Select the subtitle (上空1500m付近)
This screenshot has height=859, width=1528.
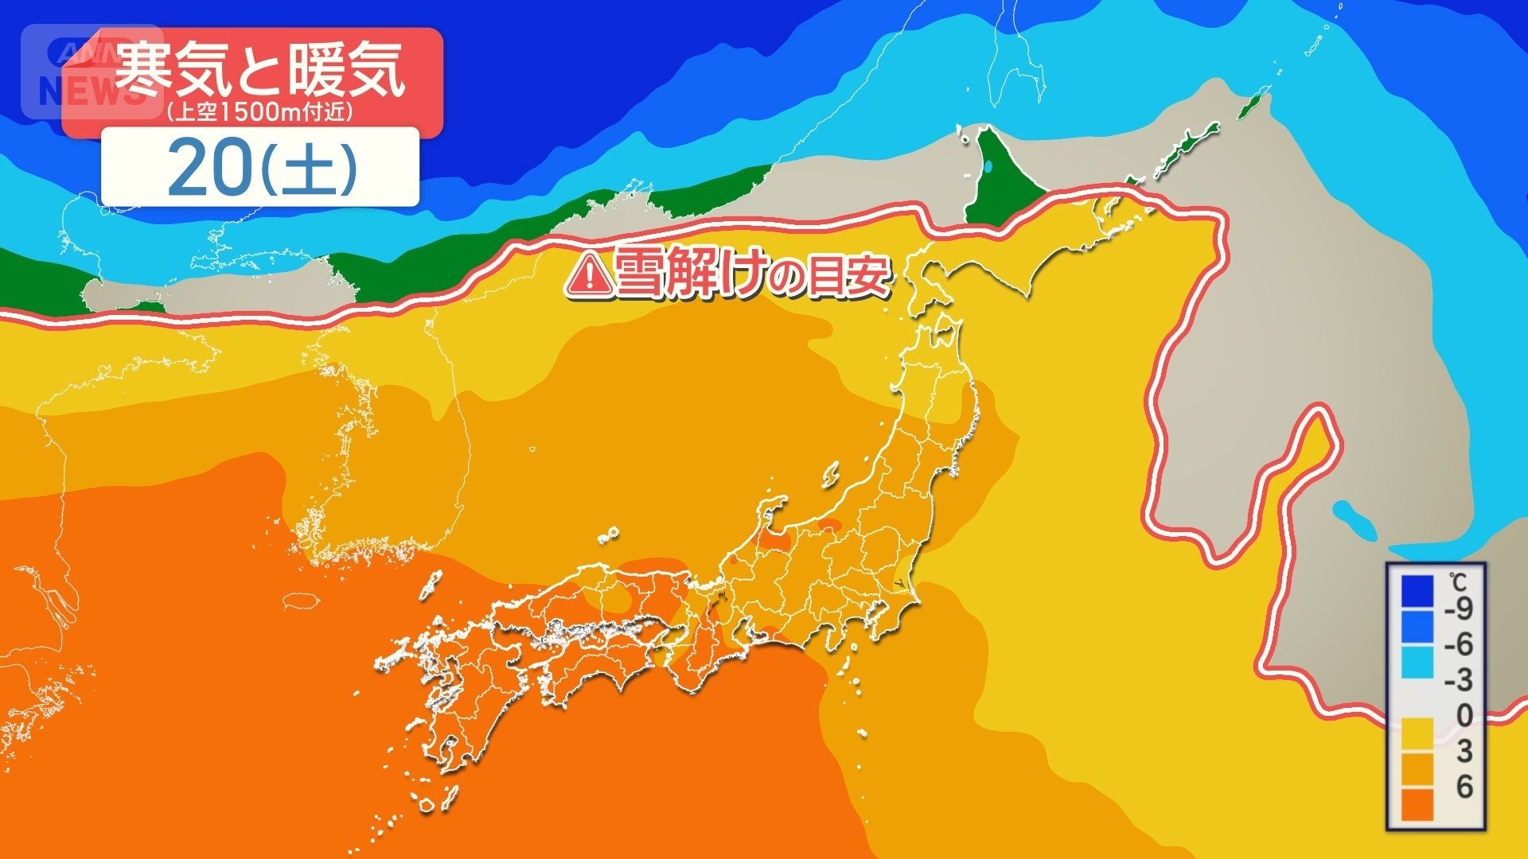coord(259,112)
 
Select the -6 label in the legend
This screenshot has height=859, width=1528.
coord(1458,644)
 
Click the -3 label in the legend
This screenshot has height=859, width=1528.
coord(1458,680)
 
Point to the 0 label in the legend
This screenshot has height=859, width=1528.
coord(1464,716)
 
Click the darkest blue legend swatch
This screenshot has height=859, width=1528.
coord(1417,591)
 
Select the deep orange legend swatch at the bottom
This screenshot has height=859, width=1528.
coord(1417,804)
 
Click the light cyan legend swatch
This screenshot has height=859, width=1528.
coord(1417,663)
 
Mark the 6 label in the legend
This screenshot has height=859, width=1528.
coord(1464,787)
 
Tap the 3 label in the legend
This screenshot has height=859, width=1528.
coord(1464,751)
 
